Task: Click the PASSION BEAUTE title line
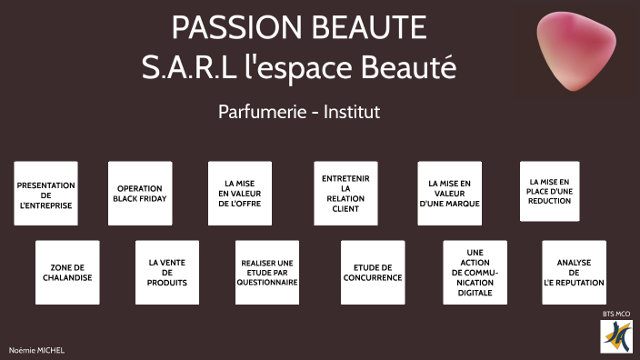pos(299,27)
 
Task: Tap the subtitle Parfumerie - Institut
pos(298,112)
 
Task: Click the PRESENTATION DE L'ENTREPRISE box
pos(45,193)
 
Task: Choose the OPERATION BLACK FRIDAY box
pos(140,193)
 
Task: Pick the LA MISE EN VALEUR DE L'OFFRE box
pos(240,193)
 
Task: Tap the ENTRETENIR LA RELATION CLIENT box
pos(345,193)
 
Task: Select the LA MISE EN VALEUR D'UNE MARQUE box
pos(449,193)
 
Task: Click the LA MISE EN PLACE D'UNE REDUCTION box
pos(550,191)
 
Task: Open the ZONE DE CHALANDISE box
pos(67,272)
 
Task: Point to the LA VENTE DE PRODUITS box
pos(167,272)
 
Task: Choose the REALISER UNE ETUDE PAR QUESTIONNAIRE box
pos(267,272)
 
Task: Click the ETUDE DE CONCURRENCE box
pos(373,272)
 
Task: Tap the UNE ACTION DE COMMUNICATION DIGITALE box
pos(475,272)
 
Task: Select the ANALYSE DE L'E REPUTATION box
pos(574,272)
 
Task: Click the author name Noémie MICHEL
pos(36,350)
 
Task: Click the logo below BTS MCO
pos(616,336)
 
